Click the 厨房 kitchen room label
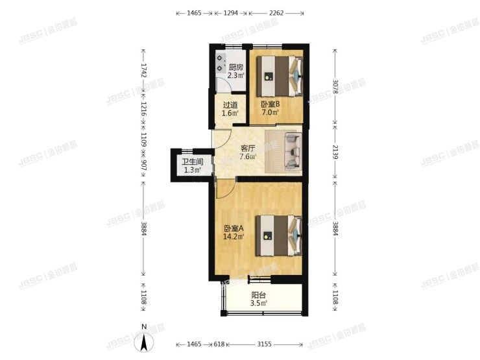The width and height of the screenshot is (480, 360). click(236, 67)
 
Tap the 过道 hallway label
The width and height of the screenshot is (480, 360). click(230, 105)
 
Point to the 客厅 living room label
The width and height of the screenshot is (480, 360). click(247, 147)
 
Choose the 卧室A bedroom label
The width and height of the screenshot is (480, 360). click(234, 228)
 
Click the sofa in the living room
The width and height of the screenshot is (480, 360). click(285, 152)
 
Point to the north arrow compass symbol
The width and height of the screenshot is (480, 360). click(145, 341)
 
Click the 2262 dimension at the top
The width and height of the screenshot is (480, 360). click(277, 12)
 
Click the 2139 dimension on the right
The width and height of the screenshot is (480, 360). click(335, 153)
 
